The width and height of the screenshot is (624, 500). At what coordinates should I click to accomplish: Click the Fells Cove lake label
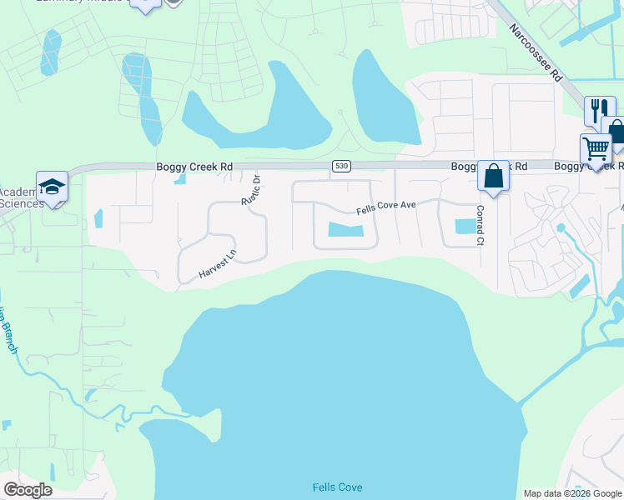click(337, 487)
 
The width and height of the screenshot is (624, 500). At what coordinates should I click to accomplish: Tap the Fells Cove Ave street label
click(385, 207)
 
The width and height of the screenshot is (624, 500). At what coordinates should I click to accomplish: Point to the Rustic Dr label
click(250, 189)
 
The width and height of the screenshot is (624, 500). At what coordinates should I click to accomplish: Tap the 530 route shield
click(340, 167)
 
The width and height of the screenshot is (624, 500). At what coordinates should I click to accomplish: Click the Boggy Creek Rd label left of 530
click(194, 167)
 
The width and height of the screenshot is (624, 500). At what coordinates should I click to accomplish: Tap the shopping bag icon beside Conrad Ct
click(493, 177)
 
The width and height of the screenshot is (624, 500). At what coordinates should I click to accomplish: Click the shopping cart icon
click(596, 149)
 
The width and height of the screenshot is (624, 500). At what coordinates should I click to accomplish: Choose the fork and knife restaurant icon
click(598, 109)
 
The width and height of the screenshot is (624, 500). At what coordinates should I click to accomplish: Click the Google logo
click(28, 490)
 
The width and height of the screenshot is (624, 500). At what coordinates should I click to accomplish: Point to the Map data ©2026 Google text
click(571, 493)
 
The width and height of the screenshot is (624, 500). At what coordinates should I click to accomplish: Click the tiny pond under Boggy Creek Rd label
click(181, 179)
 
